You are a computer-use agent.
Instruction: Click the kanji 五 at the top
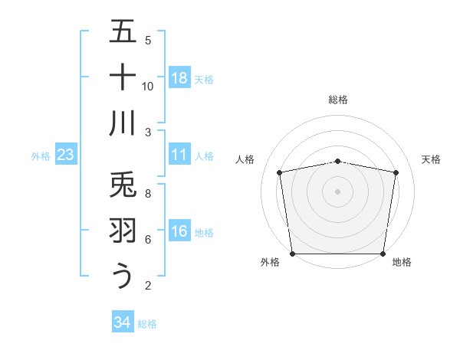[x=123, y=33]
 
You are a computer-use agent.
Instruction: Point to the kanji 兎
[x=123, y=185]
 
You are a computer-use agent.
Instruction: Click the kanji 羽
[x=123, y=231]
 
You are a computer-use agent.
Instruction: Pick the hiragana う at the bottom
[x=123, y=276]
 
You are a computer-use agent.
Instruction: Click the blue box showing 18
[x=179, y=78]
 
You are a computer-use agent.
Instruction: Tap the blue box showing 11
[x=179, y=155]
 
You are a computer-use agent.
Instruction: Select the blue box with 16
[x=179, y=231]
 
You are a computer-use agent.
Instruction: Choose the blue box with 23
[x=66, y=155]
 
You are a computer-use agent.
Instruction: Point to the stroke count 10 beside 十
[x=148, y=86]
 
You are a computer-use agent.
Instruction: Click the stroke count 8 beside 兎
[x=148, y=193]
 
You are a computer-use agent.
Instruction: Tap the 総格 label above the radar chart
[x=338, y=100]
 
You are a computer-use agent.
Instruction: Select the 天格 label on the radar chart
[x=432, y=159]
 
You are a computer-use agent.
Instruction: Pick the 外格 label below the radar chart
[x=269, y=263]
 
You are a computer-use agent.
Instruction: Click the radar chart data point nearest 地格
[x=383, y=254]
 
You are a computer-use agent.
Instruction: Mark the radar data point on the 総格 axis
[x=338, y=161]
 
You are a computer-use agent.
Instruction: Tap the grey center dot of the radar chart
[x=338, y=191]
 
